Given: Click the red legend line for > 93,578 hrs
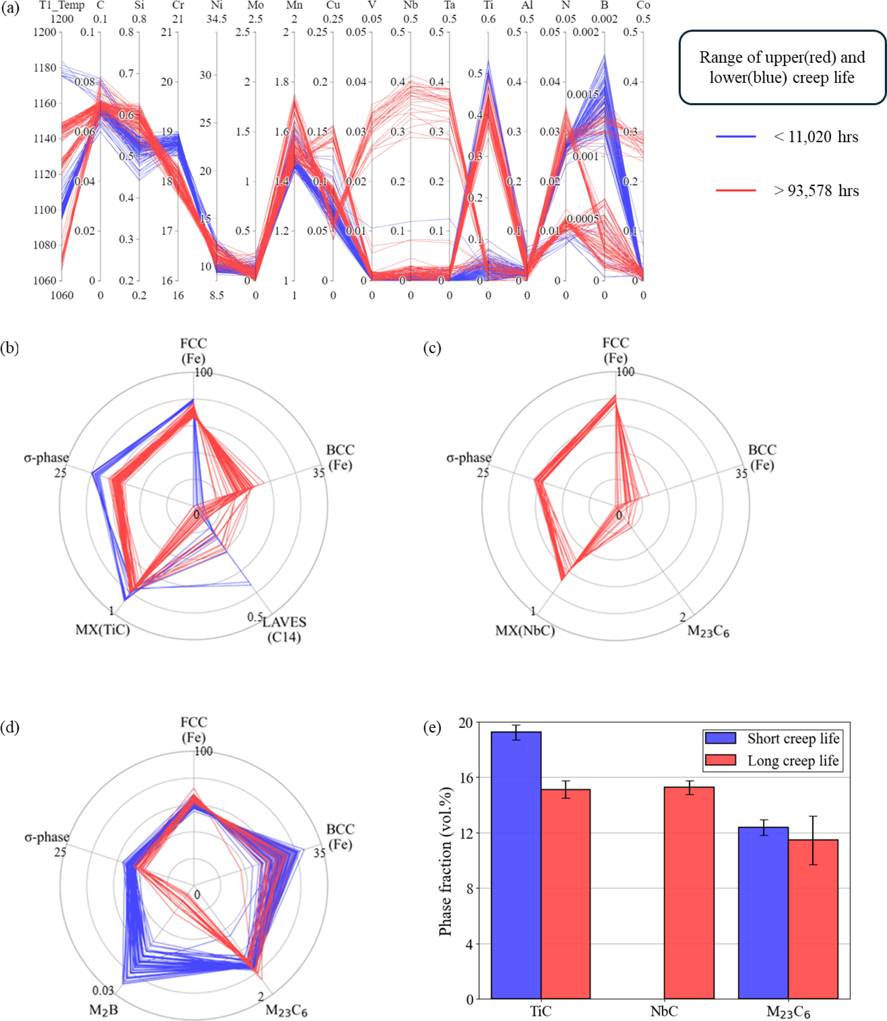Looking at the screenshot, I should tap(735, 190).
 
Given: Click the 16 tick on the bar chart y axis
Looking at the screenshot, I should tap(466, 777).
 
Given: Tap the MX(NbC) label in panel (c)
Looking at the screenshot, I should tap(525, 631).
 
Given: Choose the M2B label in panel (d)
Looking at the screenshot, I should tap(103, 1010).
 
